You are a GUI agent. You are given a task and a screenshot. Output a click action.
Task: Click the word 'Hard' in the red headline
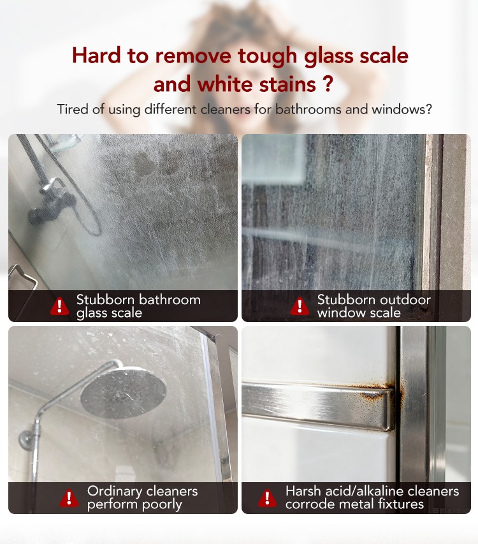tap(96, 55)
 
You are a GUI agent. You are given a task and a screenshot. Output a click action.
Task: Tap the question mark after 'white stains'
tap(328, 84)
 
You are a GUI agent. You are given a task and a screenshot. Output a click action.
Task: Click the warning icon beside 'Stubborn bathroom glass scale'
tap(59, 306)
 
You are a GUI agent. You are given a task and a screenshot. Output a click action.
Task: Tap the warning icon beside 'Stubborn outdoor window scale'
tap(300, 306)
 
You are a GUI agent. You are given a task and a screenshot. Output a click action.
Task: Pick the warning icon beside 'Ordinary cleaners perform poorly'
tap(69, 498)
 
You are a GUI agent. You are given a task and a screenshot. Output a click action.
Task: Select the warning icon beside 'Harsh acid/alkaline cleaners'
tap(267, 498)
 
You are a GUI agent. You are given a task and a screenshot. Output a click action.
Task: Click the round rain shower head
tap(123, 392)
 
